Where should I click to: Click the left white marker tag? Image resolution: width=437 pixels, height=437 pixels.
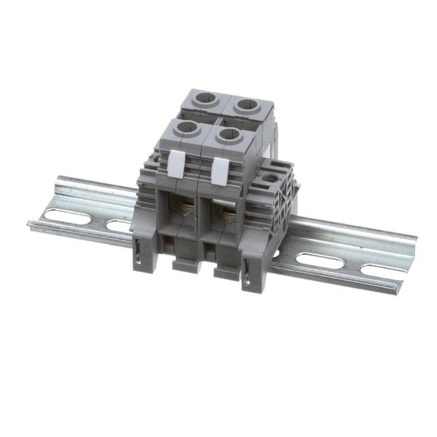coord(175,166)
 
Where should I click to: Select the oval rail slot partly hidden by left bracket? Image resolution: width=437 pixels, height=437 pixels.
coord(120,227)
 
